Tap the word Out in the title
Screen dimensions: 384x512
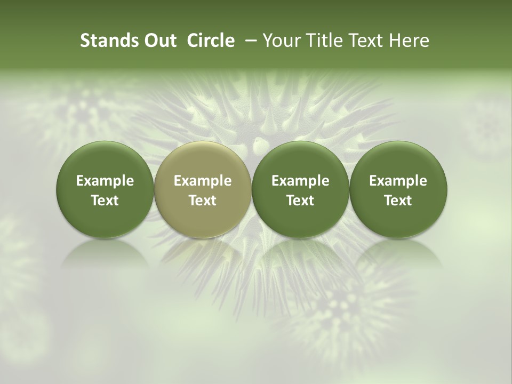click(159, 41)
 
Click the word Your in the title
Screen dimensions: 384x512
click(281, 41)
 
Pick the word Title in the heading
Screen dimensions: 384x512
click(320, 41)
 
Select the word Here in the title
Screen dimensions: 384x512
click(409, 41)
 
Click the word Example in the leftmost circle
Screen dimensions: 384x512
click(105, 181)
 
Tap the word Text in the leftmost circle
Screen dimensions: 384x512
click(105, 201)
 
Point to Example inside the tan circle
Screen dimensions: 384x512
click(203, 181)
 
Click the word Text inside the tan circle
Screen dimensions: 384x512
click(203, 201)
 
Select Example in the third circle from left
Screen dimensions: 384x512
click(300, 181)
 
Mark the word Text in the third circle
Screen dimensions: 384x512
click(300, 201)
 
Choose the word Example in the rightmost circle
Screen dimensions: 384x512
click(398, 181)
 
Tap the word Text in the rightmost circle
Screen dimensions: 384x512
click(398, 201)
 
